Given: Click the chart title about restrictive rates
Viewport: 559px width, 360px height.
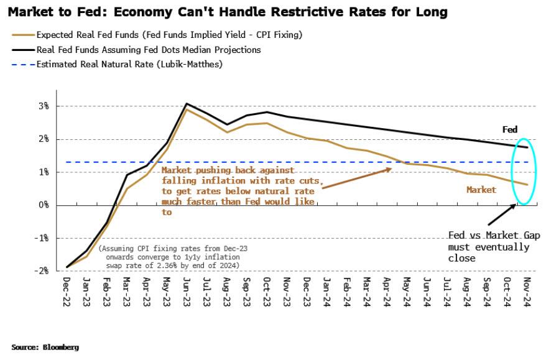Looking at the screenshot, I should tap(229, 12).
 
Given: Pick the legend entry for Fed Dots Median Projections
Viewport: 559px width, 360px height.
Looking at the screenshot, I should tap(149, 50).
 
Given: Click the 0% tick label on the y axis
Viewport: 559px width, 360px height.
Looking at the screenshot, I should tap(44, 205).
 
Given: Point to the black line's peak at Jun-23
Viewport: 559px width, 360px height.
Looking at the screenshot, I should tap(187, 104).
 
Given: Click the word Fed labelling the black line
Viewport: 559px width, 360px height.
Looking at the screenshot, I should tap(510, 130).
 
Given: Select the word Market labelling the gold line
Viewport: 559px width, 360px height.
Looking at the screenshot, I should tap(481, 190).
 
